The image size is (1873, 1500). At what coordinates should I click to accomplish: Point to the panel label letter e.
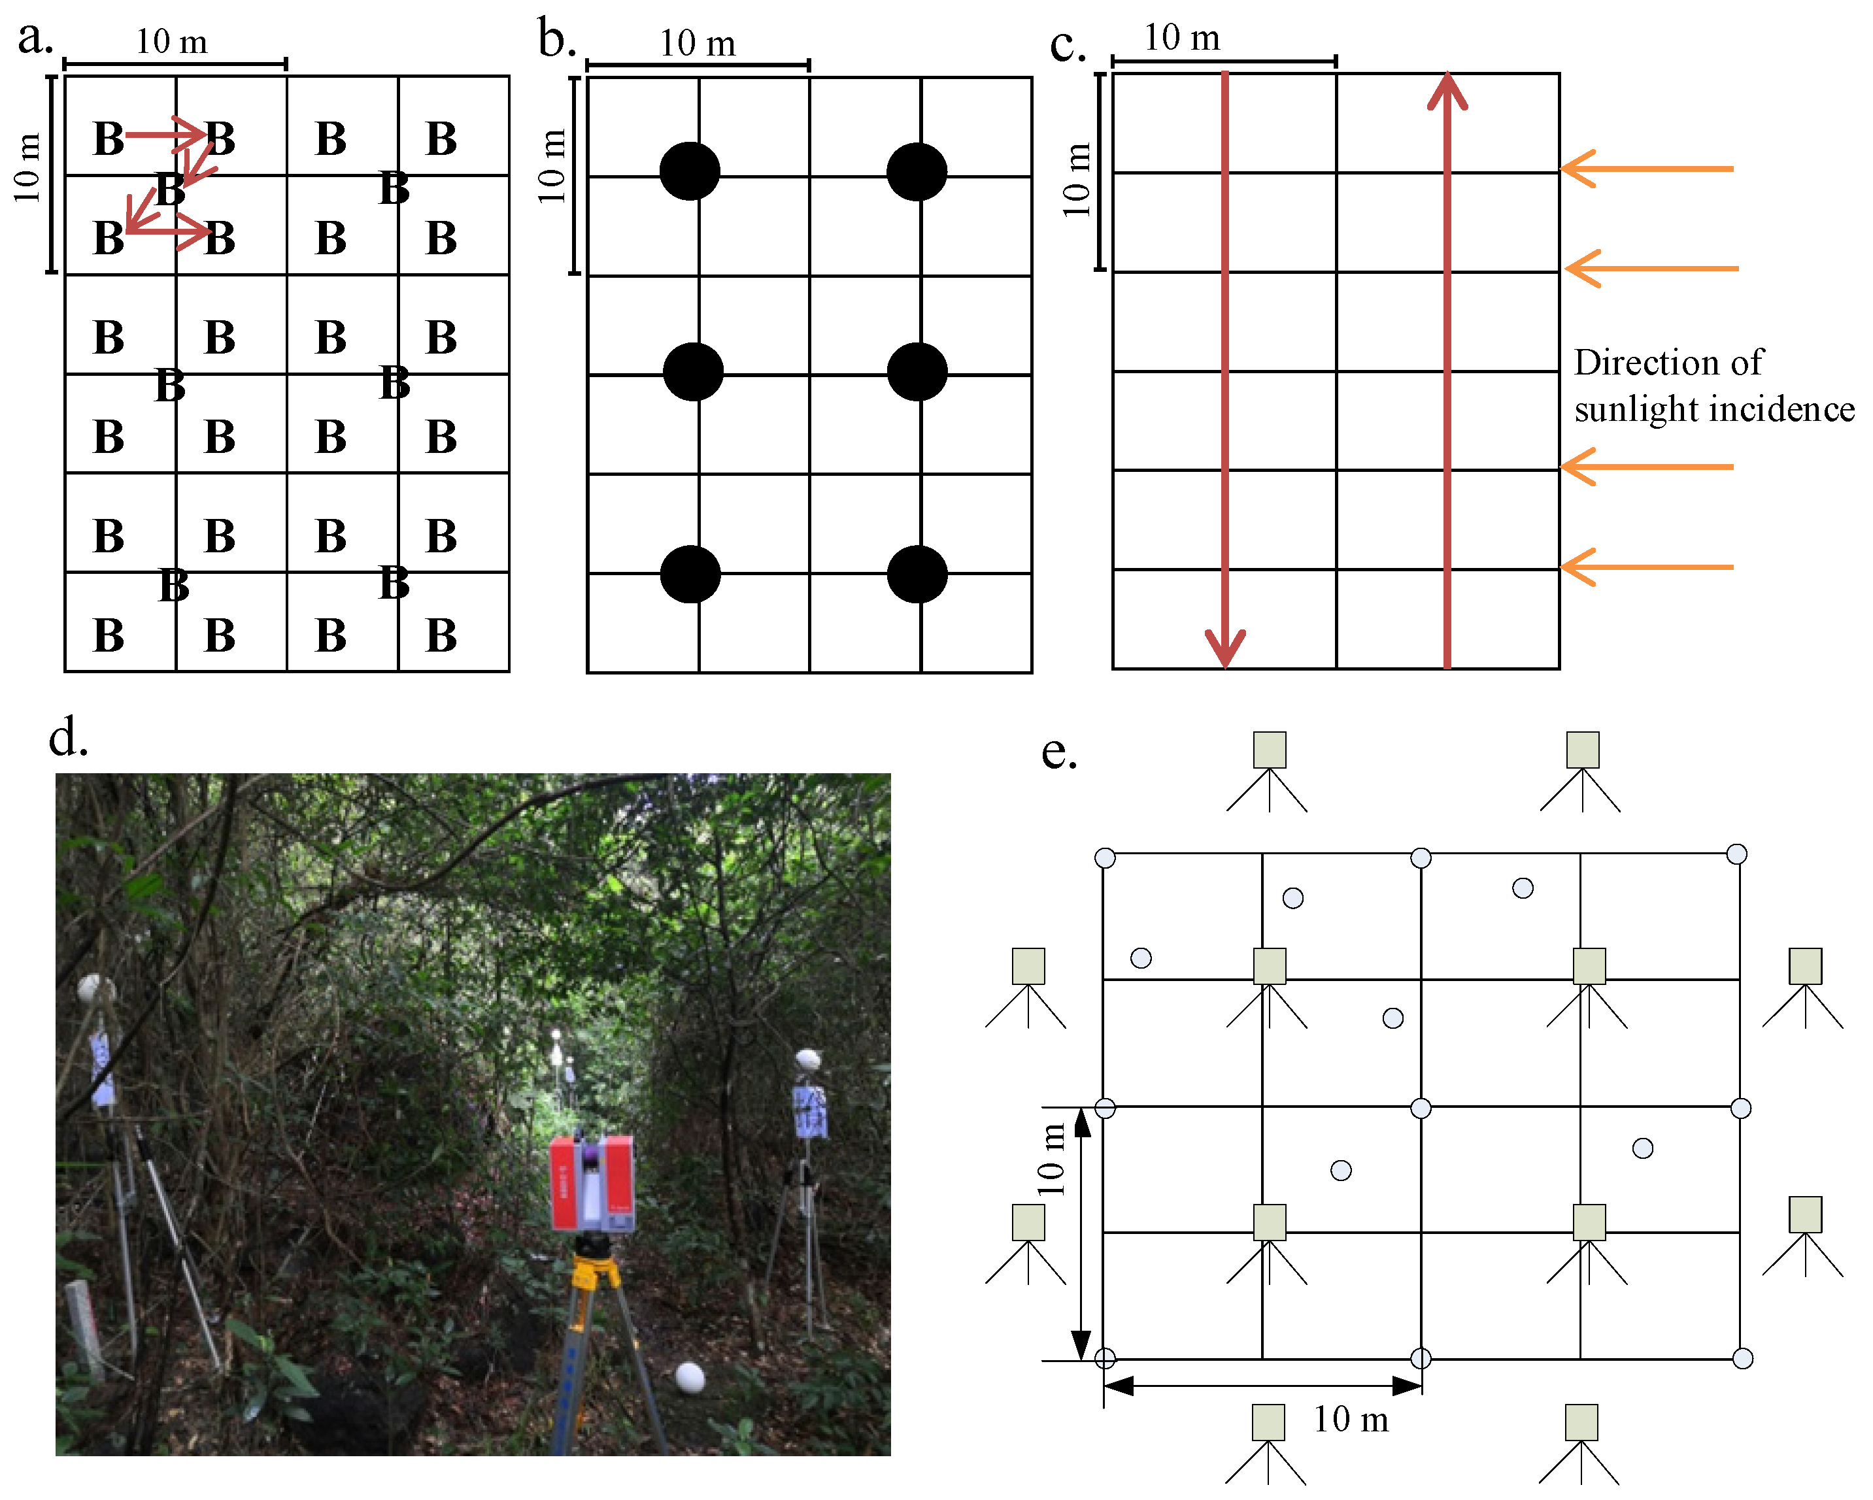coord(1059,752)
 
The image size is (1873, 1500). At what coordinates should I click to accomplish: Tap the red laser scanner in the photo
coord(592,1183)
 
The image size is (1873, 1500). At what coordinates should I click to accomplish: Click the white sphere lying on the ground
coord(690,1378)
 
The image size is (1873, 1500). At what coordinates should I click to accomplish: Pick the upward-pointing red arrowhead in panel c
coord(1447,92)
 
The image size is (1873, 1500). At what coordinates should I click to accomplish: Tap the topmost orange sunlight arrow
coord(1646,169)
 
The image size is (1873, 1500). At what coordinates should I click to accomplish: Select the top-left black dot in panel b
coord(690,171)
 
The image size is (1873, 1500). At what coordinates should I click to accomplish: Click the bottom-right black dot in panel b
coord(917,574)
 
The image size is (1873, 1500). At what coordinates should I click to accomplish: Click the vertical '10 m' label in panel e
coord(1051,1159)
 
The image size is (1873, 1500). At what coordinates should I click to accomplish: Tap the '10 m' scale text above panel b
coord(698,43)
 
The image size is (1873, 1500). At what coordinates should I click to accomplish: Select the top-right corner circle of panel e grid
coord(1736,854)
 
